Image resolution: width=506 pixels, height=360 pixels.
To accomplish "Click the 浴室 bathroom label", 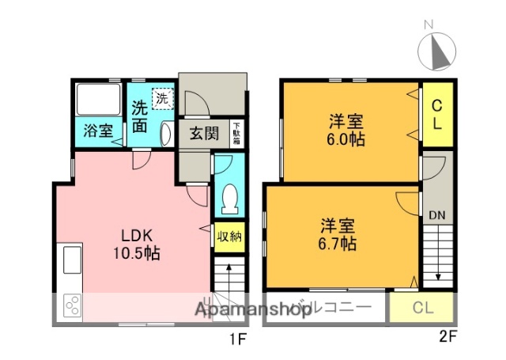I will [x=99, y=131].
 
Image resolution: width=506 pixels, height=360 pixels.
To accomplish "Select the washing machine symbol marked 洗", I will [x=161, y=100].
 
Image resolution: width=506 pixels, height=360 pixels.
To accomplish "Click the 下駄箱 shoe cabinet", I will [x=236, y=133].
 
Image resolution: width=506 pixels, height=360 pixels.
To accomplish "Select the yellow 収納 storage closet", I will [x=230, y=236].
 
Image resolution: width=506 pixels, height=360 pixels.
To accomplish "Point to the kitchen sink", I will [x=70, y=260].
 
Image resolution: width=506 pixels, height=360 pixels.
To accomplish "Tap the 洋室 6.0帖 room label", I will [x=347, y=130].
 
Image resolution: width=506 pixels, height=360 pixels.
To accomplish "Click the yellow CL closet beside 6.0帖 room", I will [x=436, y=116].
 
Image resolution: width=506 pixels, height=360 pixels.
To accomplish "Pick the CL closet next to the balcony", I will [x=421, y=309].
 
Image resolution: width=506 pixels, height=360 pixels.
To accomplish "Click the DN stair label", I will [x=436, y=214].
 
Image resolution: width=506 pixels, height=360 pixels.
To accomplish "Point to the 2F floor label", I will [x=447, y=336].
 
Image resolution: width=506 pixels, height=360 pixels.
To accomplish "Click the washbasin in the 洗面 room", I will [x=164, y=134].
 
